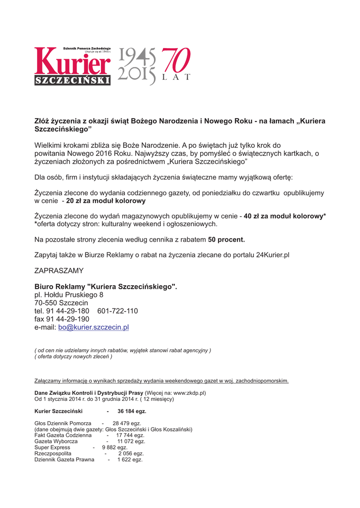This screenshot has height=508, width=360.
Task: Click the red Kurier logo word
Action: coord(72,63)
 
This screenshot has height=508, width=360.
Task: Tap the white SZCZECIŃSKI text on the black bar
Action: coord(72,81)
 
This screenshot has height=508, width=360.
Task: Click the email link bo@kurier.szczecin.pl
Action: coord(93,327)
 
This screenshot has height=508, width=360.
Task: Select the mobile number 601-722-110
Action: coord(118,311)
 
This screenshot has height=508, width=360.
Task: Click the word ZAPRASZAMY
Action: coord(59,271)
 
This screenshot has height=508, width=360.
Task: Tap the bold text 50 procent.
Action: coord(226,240)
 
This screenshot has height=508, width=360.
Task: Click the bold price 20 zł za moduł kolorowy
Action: coord(106,201)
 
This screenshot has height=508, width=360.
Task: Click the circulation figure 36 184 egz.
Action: coord(132,411)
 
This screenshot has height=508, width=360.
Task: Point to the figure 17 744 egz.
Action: coord(130,435)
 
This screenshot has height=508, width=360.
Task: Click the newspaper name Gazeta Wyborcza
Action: coord(56,441)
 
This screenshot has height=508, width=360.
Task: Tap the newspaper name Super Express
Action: coord(52,447)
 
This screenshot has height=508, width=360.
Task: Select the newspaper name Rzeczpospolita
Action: coord(53,453)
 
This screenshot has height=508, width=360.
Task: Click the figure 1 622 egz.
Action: coord(130,460)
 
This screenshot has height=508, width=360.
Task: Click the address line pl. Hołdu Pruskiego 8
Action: coord(69,295)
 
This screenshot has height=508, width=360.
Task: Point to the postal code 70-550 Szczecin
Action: coord(61,303)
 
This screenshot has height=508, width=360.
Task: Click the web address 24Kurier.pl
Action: coord(273,255)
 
